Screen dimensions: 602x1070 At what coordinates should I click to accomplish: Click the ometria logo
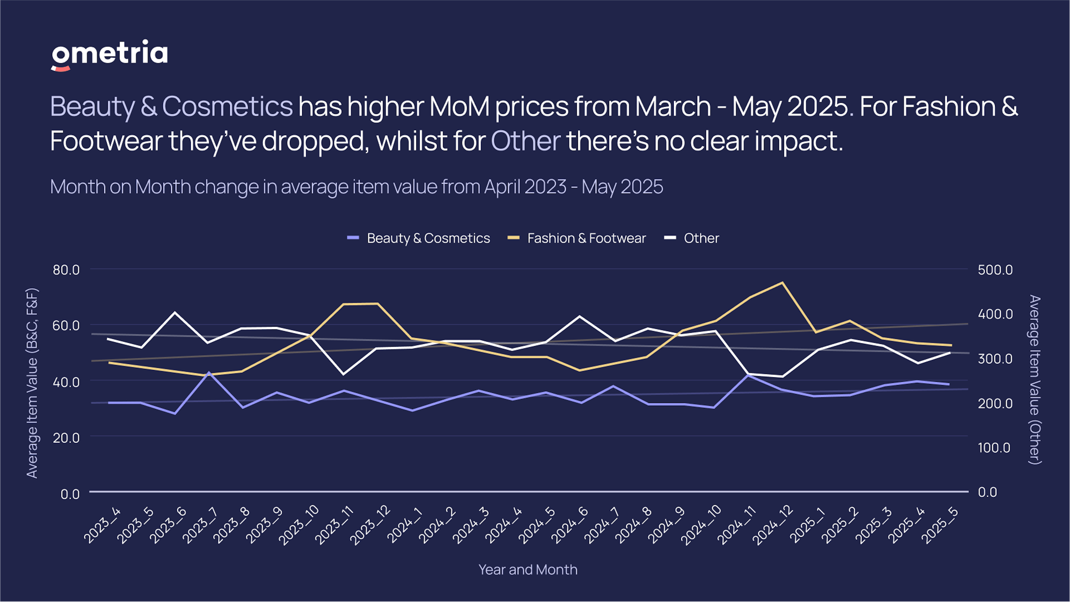click(109, 55)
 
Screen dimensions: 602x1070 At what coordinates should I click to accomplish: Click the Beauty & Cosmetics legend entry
click(419, 238)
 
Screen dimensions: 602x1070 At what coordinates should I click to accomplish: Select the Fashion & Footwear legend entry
click(577, 238)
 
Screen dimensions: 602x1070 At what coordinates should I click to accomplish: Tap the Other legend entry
click(692, 238)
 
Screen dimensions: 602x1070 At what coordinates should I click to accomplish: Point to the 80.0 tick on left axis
click(66, 270)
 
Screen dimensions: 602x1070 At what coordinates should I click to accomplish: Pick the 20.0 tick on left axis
click(66, 438)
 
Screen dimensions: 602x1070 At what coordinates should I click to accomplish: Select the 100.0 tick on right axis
click(994, 448)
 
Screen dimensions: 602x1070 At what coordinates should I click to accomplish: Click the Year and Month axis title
click(527, 570)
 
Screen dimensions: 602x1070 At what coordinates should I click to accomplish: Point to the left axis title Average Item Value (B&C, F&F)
click(32, 383)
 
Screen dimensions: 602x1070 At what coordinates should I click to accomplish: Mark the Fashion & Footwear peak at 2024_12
click(782, 283)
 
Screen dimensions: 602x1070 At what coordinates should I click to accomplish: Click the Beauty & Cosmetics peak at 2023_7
click(209, 372)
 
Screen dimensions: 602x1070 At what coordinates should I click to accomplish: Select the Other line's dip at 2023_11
click(343, 374)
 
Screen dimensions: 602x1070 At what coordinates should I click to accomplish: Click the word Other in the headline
click(526, 141)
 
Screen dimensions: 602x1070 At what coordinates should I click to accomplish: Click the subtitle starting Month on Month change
click(356, 187)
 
